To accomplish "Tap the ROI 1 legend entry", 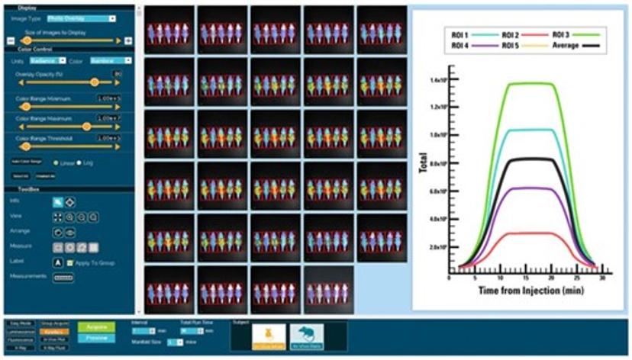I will tap(461, 35).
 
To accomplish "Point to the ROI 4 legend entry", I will tap(461, 47).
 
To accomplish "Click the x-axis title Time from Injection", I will tap(527, 291).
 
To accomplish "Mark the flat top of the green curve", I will tap(531, 83).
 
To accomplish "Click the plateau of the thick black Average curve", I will tap(531, 159).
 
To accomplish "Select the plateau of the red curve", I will tap(531, 233).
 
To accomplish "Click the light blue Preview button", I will tap(96, 338).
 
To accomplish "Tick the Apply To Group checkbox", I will tap(70, 263).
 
